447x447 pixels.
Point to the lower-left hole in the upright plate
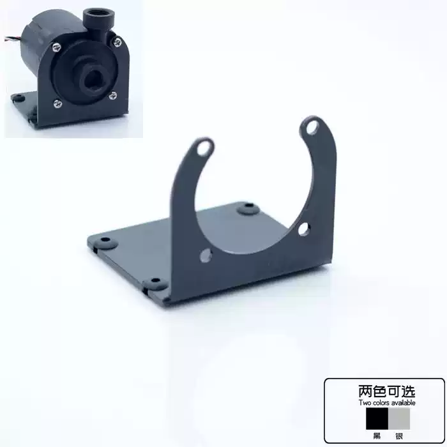[x=206, y=255]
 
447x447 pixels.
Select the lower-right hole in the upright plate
[x=303, y=229]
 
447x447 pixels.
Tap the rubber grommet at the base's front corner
[x=155, y=283]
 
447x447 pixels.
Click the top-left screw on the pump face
[x=56, y=47]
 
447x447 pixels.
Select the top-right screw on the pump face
[x=117, y=43]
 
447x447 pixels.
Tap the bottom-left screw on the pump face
[x=58, y=103]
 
